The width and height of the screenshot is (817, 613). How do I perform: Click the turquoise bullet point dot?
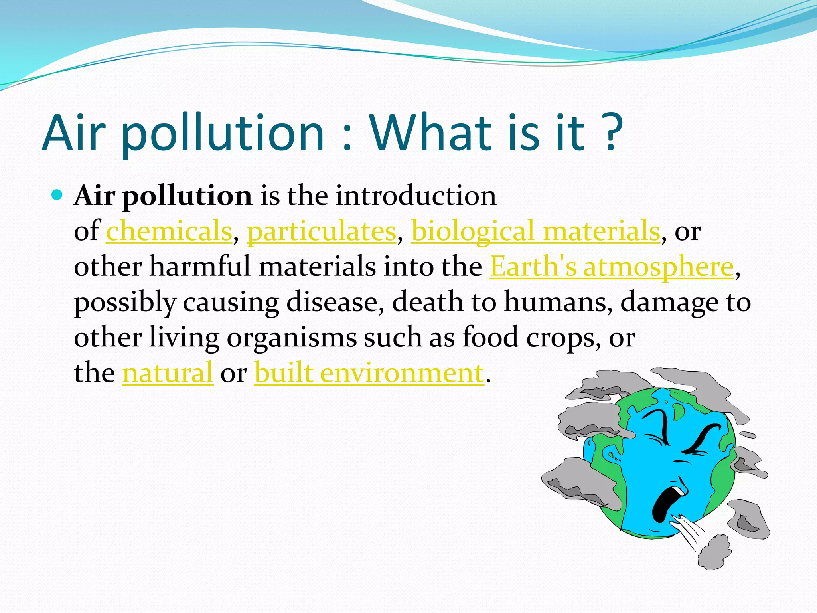[x=57, y=195]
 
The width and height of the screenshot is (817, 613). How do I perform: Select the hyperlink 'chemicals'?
[x=169, y=231]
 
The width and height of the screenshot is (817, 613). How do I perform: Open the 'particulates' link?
[x=322, y=231]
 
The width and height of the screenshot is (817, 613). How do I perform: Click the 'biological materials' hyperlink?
[x=535, y=231]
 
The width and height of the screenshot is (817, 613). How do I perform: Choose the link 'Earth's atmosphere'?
[x=611, y=266]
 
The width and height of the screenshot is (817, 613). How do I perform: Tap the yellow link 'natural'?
[x=168, y=373]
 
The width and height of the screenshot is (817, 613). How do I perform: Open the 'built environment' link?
[x=369, y=373]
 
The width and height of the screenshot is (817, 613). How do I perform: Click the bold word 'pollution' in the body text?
[x=187, y=196]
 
